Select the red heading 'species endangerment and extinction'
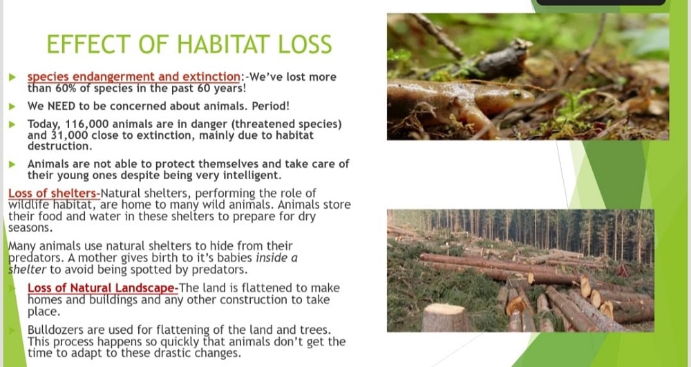[x=133, y=77]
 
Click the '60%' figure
[x=66, y=88]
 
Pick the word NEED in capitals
[x=61, y=106]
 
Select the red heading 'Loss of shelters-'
[x=54, y=194]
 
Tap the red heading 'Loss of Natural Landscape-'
[x=103, y=288]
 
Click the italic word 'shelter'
[x=28, y=269]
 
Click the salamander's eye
[x=516, y=93]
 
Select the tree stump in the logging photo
[x=446, y=317]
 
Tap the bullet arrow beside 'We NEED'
[x=12, y=106]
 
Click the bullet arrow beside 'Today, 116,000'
[x=12, y=124]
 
